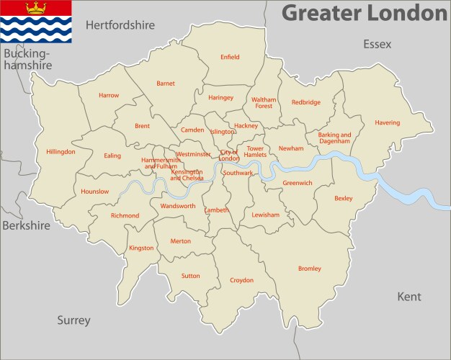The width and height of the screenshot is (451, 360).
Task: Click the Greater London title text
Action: point(364,13)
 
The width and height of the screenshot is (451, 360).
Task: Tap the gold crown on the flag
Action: point(35,8)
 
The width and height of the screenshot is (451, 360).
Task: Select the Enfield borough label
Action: point(230,57)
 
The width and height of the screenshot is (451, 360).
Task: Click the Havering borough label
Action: point(387,123)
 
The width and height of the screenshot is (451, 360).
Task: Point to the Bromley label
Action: point(310,269)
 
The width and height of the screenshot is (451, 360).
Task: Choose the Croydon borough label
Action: point(241,280)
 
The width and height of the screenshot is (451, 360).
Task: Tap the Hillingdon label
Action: point(61,152)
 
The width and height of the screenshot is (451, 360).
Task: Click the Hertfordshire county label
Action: point(120,25)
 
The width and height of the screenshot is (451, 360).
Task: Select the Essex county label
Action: point(377,45)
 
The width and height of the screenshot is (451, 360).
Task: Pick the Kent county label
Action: point(409,297)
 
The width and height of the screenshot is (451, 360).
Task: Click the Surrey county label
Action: point(74,320)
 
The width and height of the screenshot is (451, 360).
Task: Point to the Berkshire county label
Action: point(26,225)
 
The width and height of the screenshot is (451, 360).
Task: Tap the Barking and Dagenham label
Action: point(334,138)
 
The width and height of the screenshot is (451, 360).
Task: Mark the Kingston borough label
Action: point(141,248)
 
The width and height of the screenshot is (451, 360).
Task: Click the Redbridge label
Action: point(306,102)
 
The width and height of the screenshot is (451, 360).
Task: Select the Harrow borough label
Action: point(109,95)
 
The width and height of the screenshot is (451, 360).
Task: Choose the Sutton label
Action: point(191,276)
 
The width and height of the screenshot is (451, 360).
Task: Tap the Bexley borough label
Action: point(344,198)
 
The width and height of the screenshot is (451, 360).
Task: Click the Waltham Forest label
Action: point(264,103)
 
